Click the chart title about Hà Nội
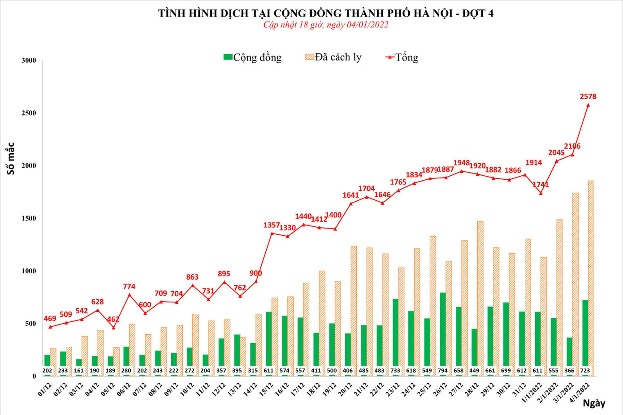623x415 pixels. point(325,13)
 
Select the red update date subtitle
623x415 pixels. point(325,25)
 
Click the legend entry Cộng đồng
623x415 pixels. point(253,57)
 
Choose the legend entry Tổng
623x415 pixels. point(402,57)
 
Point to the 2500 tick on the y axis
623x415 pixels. point(29,113)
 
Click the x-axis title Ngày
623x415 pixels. point(594,403)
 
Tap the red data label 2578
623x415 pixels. point(588,96)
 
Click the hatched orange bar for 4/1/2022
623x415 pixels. point(591,278)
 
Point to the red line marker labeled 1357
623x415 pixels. point(272,233)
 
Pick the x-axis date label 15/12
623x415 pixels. point(266,389)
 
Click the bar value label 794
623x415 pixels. point(442,371)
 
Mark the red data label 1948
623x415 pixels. point(461,163)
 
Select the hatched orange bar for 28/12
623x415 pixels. point(480,298)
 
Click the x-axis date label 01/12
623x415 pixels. point(45,389)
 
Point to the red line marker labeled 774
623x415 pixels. point(129,294)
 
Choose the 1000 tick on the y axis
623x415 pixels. point(29,271)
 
